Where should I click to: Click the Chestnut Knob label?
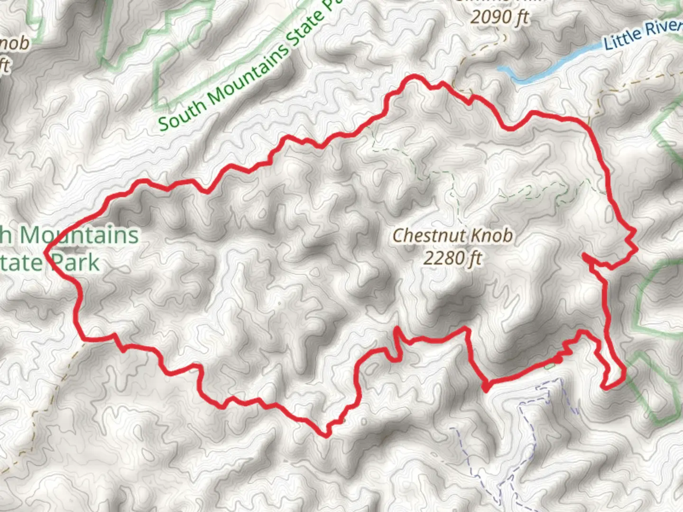click(452, 236)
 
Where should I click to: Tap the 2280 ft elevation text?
click(452, 258)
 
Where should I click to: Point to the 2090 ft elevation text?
click(499, 18)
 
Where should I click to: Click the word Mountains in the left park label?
click(78, 236)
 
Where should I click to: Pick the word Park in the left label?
click(76, 262)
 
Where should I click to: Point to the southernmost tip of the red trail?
click(325, 435)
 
